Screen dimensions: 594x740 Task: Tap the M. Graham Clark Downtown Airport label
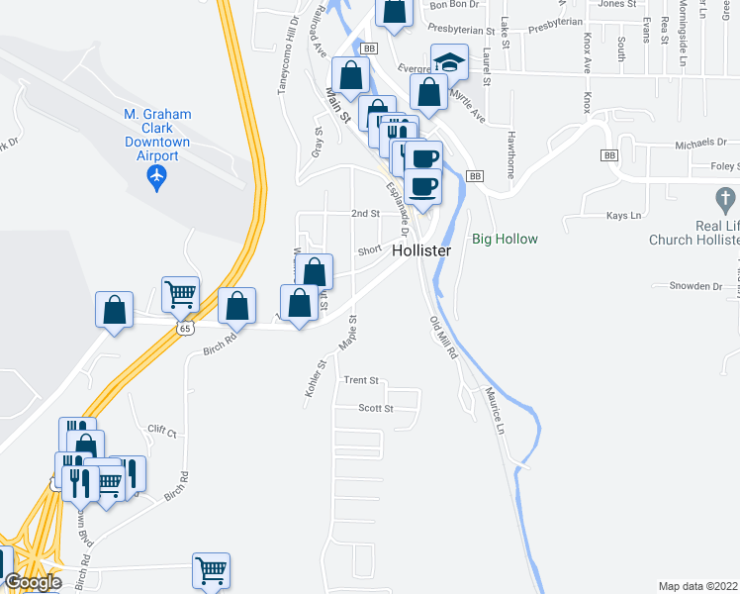pos(156,136)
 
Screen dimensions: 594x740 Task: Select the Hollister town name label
pos(421,251)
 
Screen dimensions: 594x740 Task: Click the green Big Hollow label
pos(505,240)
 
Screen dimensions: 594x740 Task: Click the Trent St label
pos(361,380)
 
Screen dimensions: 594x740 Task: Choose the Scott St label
pos(375,408)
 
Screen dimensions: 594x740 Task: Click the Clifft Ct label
pos(161,433)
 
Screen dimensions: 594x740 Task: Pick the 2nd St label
pos(365,213)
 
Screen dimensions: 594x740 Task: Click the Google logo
pos(33,582)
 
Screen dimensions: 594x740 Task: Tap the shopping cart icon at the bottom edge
pos(212,569)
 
